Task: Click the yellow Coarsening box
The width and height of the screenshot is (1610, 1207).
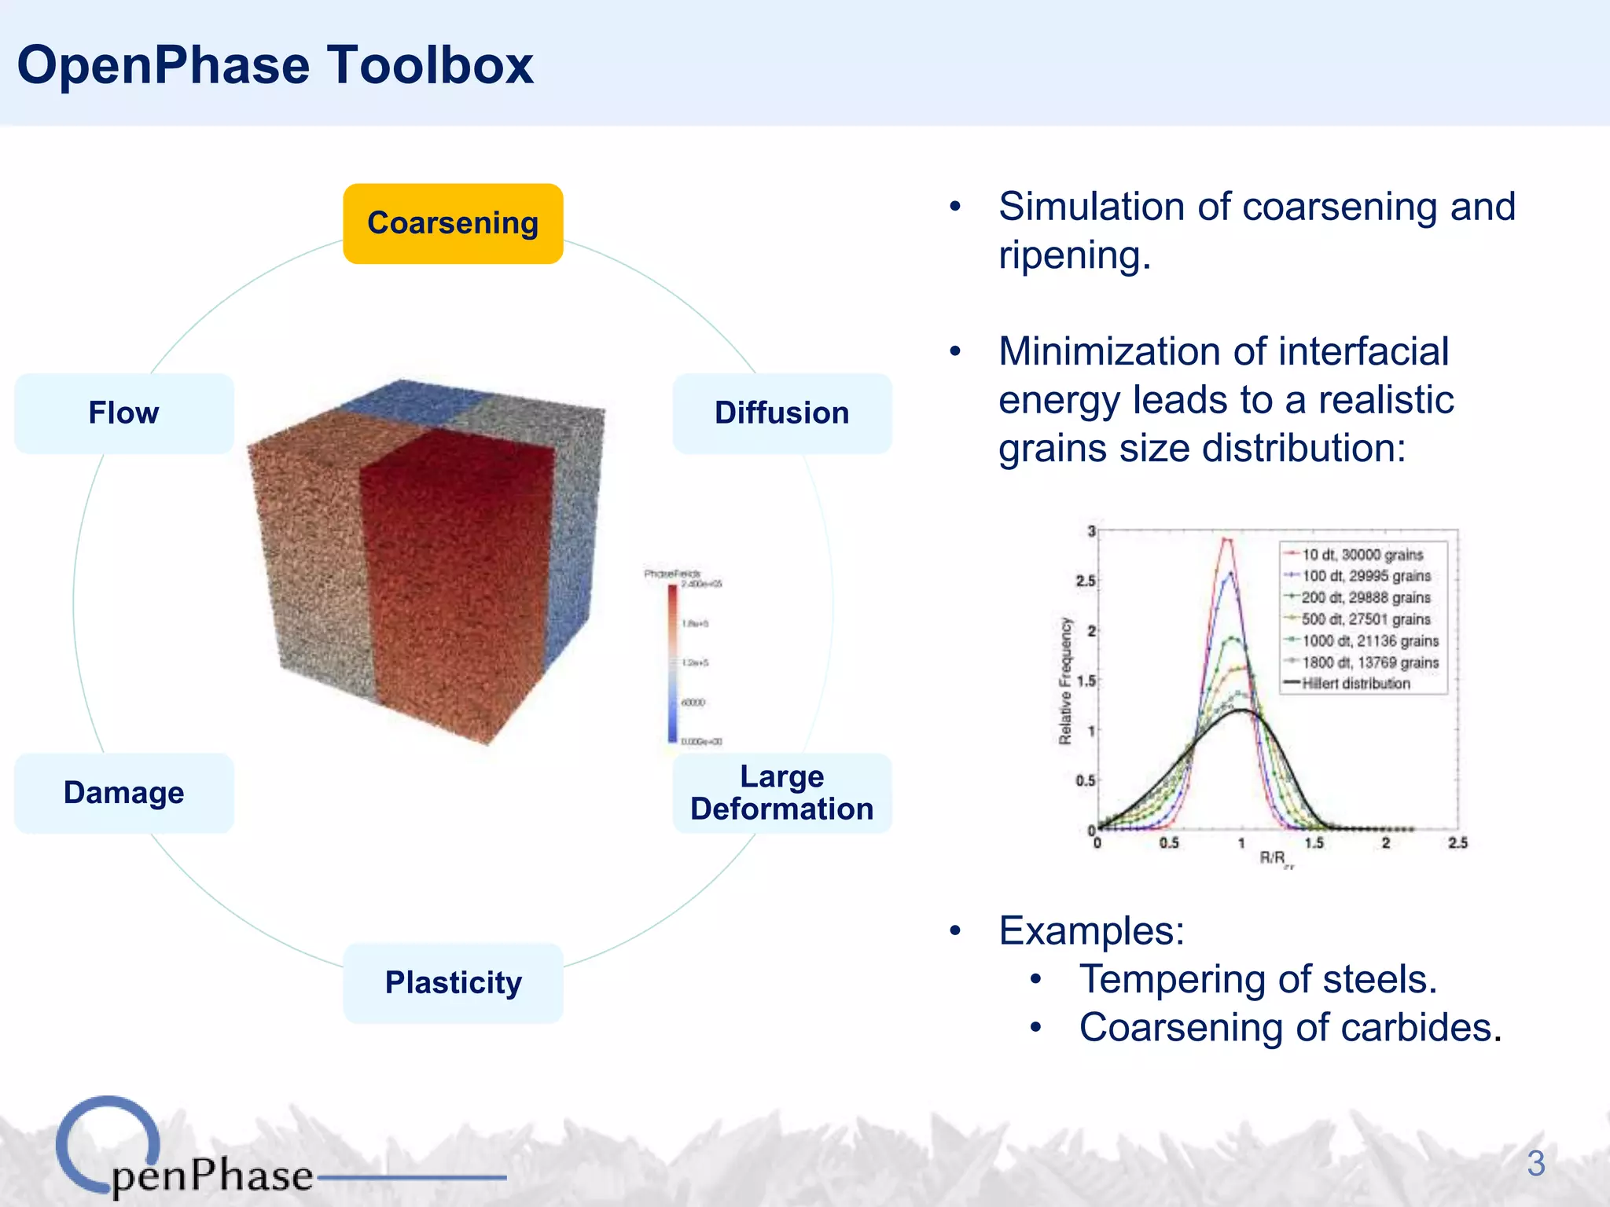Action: coord(453,224)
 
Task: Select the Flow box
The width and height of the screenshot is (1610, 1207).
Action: coord(124,413)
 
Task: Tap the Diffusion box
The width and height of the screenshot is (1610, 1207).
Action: coord(781,413)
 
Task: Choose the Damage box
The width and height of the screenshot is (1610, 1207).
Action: coord(124,793)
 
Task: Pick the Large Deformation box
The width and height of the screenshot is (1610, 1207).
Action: coord(781,793)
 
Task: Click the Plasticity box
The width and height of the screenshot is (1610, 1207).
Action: coord(453,983)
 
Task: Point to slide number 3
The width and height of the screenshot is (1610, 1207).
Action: coord(1535,1164)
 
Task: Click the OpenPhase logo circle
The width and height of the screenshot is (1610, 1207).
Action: coord(108,1144)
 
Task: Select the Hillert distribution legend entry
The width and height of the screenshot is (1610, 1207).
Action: coord(1355,684)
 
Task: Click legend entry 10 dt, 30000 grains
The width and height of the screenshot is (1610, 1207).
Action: coord(1362,555)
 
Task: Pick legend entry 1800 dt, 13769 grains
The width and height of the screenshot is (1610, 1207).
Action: coord(1369,662)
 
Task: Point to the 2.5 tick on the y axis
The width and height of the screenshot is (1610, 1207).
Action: coord(1086,581)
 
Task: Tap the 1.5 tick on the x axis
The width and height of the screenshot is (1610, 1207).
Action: coord(1314,843)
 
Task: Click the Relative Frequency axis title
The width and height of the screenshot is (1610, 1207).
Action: coord(1065,681)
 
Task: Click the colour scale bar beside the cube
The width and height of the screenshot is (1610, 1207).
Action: coord(673,662)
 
